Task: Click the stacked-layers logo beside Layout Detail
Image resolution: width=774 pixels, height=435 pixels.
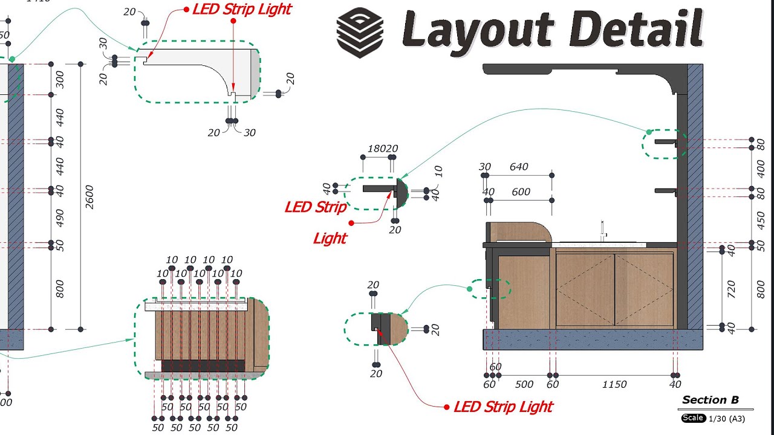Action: tap(360, 33)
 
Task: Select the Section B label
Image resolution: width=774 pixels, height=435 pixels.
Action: tap(711, 400)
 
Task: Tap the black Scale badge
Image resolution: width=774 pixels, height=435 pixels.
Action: tap(693, 418)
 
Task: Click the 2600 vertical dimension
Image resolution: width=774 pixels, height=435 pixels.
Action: tap(89, 197)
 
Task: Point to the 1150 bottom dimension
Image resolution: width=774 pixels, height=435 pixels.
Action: tap(614, 384)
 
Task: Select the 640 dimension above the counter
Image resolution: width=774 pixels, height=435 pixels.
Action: tap(519, 167)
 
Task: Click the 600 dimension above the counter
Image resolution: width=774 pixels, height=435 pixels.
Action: tap(520, 192)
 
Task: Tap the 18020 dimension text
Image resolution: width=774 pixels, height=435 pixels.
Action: tap(383, 149)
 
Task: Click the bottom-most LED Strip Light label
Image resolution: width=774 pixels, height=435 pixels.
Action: tap(503, 407)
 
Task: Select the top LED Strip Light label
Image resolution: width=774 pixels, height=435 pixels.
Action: tap(242, 9)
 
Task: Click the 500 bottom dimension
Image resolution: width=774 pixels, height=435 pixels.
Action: tap(524, 384)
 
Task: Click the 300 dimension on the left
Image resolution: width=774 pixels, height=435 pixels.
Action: tap(59, 79)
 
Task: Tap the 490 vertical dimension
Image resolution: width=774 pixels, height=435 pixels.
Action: tap(59, 217)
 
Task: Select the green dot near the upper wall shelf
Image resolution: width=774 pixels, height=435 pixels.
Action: tap(649, 132)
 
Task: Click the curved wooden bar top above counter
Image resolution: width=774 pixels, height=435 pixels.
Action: tap(520, 231)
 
